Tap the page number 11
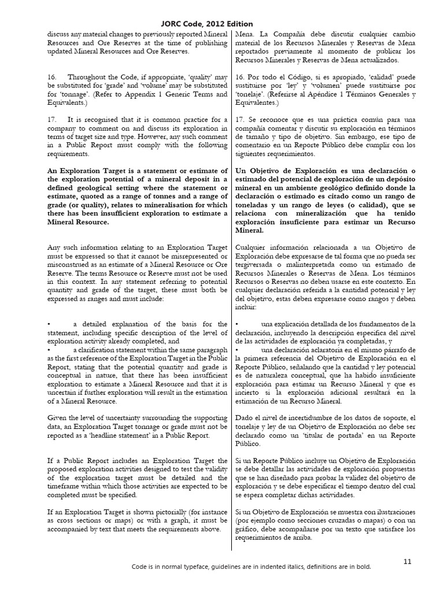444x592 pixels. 407,561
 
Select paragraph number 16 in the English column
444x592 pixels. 51,77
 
